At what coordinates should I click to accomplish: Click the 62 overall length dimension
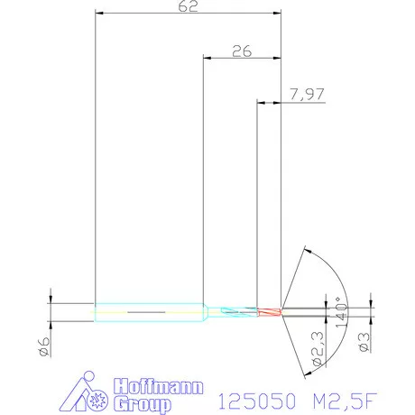(189, 6)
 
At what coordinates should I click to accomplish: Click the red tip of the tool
(269, 312)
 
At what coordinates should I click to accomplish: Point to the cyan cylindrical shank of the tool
(149, 312)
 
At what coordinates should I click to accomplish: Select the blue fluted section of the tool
(236, 311)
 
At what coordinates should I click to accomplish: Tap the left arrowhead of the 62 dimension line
(99, 14)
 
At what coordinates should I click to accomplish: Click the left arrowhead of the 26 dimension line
(207, 59)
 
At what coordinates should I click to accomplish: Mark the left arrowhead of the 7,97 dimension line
(262, 102)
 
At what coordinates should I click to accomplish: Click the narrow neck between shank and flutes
(209, 312)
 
